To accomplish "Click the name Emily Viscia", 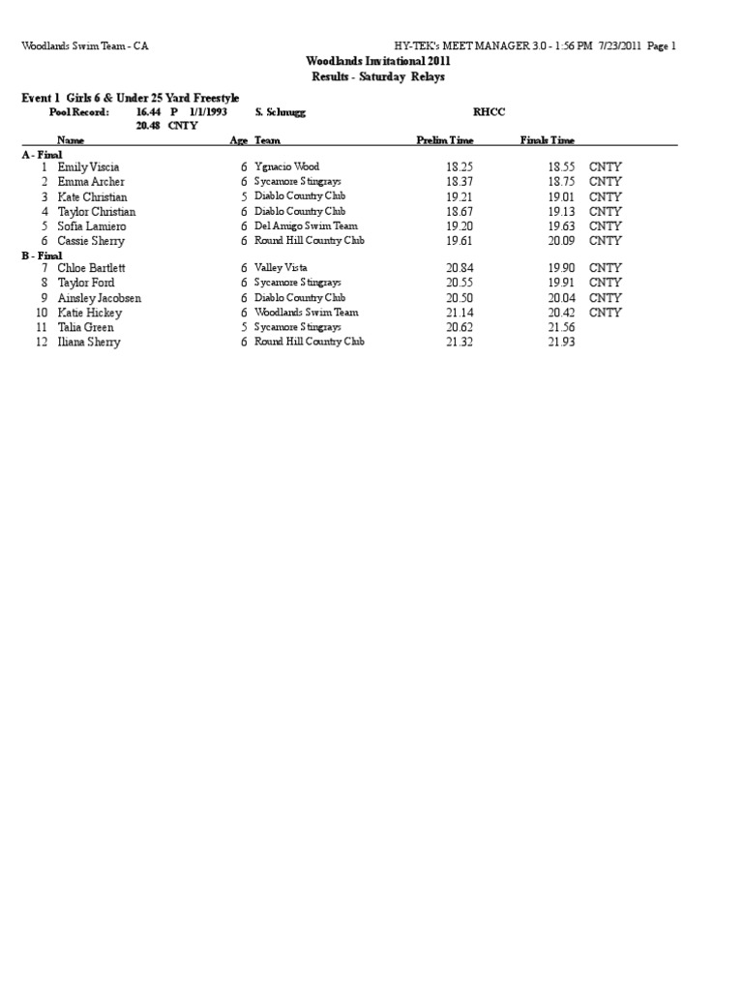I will [x=88, y=167].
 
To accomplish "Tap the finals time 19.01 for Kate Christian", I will [x=562, y=196].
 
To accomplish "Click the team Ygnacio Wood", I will [x=286, y=166].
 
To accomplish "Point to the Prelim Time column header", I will [x=445, y=140].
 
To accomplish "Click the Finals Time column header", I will [x=548, y=140].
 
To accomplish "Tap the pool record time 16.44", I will [x=148, y=112].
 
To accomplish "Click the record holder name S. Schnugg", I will [x=281, y=112].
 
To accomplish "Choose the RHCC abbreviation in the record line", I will [x=489, y=112].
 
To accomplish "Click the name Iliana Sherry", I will [x=89, y=343].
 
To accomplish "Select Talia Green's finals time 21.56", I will [x=562, y=328].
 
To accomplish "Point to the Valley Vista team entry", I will [x=282, y=268].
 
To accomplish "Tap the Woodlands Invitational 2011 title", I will [x=378, y=60].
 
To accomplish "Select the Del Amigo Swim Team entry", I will [x=306, y=225].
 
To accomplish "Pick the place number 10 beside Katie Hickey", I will [x=42, y=313].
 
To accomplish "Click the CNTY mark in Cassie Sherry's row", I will [x=606, y=241].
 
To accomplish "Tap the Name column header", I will [x=72, y=140].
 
